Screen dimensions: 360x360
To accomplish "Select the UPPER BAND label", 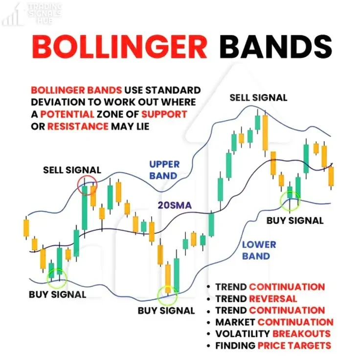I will point(164,170).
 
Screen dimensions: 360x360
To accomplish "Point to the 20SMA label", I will point(175,205).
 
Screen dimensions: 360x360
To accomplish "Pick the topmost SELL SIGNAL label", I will point(258,98).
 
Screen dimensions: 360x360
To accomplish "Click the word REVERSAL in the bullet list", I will point(273,299).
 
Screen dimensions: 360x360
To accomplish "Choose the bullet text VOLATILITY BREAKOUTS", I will point(273,334).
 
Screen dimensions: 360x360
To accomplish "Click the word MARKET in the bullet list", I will point(235,322).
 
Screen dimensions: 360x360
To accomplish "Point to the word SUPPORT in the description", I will point(164,114).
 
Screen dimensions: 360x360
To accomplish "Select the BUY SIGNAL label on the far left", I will point(57,294).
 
